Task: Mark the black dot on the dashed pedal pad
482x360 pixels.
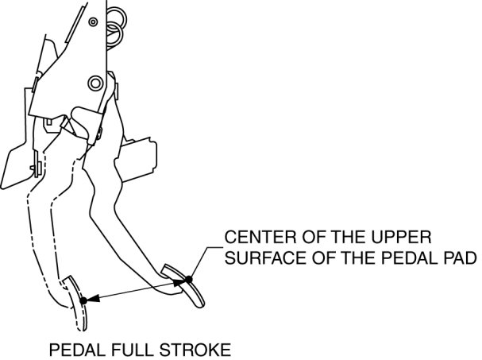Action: tap(83, 300)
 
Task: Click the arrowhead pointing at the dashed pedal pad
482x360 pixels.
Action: tap(91, 299)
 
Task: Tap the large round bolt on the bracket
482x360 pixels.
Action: tap(95, 81)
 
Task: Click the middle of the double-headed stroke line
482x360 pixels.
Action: tap(137, 289)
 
